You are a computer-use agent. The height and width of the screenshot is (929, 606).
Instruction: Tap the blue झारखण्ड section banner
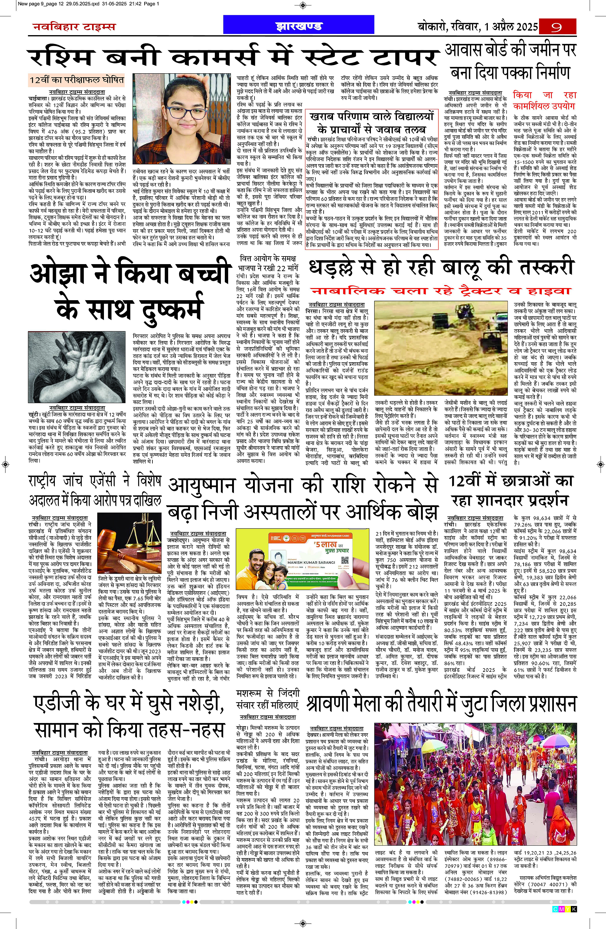[x=299, y=26]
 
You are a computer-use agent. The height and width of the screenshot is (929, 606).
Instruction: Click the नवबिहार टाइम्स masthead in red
[x=74, y=27]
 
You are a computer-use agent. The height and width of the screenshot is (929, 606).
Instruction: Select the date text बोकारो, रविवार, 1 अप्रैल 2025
[x=478, y=27]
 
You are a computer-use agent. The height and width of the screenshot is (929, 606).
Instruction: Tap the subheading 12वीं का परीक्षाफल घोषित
[x=77, y=80]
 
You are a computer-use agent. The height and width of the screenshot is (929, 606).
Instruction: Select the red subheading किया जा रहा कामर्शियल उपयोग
[x=544, y=100]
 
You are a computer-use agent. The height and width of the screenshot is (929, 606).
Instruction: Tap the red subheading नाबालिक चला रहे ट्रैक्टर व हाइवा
[x=441, y=291]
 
